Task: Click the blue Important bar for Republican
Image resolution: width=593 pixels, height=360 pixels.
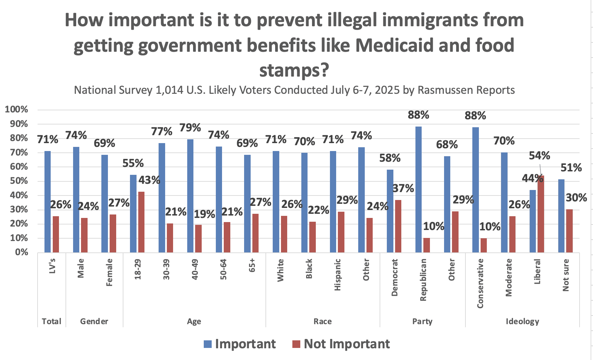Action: pos(418,190)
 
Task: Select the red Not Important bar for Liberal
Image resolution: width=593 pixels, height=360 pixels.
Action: pos(541,214)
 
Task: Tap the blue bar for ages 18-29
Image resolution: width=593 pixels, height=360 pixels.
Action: pos(133,214)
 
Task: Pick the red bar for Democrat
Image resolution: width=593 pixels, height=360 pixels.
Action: pos(398,226)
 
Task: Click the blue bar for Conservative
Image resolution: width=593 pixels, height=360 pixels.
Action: pos(475,190)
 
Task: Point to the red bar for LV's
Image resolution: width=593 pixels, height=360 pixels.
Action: pos(56,234)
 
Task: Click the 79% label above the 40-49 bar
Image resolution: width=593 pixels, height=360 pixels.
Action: pos(190,128)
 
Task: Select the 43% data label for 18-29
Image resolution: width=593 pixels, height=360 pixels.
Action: pos(149,180)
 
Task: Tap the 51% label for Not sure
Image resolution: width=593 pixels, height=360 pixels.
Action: pos(571,168)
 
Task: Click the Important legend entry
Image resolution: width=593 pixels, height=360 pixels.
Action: pos(240,344)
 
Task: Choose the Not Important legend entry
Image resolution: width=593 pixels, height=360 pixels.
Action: pos(341,344)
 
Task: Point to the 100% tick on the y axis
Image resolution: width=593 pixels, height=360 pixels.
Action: pos(16,110)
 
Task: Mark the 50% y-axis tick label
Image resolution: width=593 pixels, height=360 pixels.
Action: pos(18,181)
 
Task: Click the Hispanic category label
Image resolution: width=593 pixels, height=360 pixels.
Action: pos(338,274)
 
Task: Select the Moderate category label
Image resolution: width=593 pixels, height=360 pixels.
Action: pos(509,278)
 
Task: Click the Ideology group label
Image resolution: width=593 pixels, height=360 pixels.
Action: pos(522,321)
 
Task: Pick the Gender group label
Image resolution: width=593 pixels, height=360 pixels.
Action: pos(94,321)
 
